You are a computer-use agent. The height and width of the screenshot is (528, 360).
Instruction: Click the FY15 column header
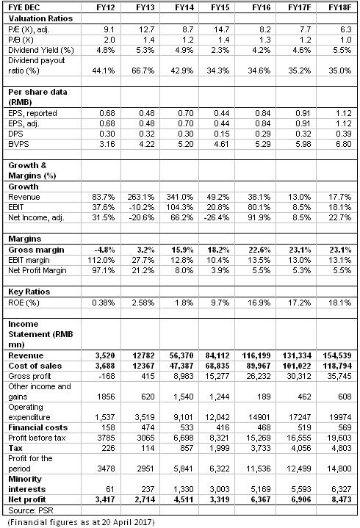[x=220, y=7]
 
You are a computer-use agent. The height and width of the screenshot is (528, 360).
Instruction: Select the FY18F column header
[x=339, y=7]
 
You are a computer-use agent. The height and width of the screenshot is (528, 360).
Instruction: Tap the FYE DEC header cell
[x=24, y=7]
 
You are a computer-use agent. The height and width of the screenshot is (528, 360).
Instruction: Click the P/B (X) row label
[x=21, y=40]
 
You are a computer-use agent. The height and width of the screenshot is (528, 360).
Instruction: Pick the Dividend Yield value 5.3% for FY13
[x=145, y=50]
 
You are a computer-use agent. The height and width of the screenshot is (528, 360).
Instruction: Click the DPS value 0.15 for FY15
[x=222, y=134]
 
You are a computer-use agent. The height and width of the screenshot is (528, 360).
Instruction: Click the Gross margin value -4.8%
[x=105, y=250]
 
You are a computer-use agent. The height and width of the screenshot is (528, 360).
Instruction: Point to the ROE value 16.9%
[x=259, y=303]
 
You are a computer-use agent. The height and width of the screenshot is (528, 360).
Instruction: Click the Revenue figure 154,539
[x=337, y=355]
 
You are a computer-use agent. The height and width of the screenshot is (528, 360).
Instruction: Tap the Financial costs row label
[x=38, y=427]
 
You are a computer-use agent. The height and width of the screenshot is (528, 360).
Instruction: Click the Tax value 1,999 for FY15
[x=220, y=448]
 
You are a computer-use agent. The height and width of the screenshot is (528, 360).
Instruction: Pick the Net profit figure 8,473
[x=342, y=499]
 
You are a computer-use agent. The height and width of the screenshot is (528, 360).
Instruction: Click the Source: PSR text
[x=31, y=510]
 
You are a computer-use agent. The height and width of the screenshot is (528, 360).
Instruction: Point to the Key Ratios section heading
[x=29, y=292]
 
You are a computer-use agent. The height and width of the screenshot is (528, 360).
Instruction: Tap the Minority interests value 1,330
[x=184, y=489]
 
